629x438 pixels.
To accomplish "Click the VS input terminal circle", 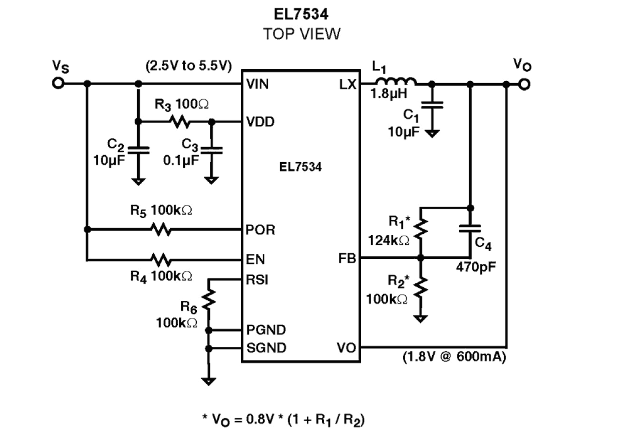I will click(x=59, y=84).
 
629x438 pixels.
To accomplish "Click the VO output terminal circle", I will click(x=524, y=84).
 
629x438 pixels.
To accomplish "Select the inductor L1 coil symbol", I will click(x=395, y=82).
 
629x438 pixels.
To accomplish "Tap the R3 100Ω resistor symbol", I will click(x=179, y=122).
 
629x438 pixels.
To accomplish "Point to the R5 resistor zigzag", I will click(x=161, y=230).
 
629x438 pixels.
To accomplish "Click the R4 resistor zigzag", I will click(x=161, y=260).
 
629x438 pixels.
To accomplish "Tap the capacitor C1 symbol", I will click(x=433, y=106).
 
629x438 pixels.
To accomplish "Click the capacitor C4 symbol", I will click(x=470, y=228).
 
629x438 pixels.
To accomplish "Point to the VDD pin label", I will click(x=260, y=122).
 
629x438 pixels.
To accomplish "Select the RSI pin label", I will click(x=257, y=279).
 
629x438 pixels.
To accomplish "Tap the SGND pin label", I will click(x=266, y=347).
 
